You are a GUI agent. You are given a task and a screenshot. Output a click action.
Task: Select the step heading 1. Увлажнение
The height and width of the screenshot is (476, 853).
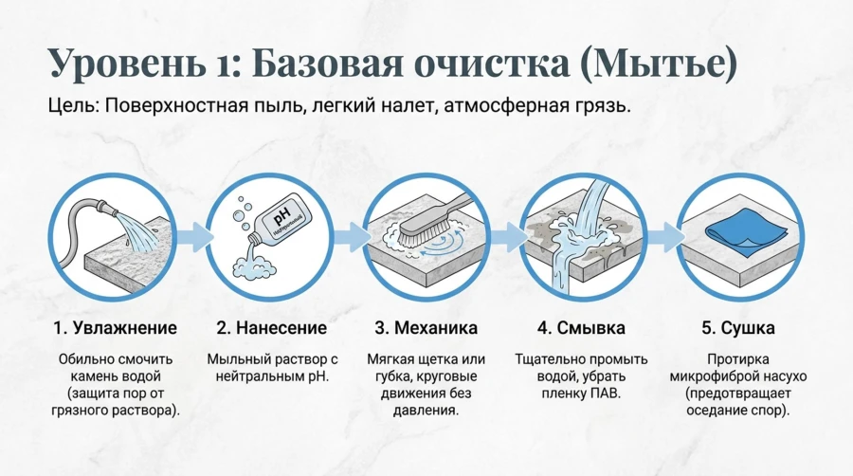(x=115, y=328)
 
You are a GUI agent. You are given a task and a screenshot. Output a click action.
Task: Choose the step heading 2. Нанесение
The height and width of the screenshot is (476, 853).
(x=271, y=328)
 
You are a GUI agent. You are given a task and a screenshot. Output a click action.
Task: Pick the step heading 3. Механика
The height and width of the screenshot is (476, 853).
(x=426, y=328)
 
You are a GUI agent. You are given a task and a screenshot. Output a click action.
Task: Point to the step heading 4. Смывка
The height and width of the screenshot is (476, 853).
(x=581, y=328)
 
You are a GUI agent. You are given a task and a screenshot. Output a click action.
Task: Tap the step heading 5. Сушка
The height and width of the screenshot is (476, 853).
(x=737, y=328)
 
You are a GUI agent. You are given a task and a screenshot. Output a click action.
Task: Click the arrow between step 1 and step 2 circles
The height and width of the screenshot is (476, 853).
(x=194, y=237)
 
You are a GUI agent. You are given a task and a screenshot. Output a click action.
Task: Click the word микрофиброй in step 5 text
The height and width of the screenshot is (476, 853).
(x=707, y=376)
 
